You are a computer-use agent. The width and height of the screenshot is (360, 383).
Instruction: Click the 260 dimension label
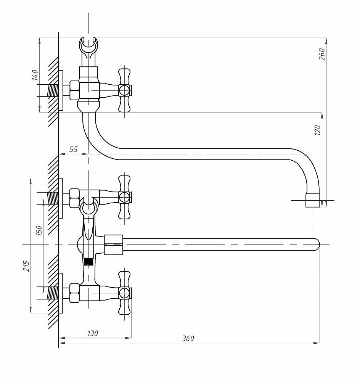322,54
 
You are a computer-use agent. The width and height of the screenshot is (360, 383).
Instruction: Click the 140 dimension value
35,75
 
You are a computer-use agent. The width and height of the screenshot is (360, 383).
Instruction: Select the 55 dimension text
73,149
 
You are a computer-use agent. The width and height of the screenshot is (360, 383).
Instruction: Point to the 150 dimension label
39,230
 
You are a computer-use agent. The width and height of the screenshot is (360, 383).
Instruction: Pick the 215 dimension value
26,266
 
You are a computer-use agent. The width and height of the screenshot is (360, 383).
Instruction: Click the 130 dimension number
93,333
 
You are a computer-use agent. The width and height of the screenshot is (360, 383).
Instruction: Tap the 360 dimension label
188,338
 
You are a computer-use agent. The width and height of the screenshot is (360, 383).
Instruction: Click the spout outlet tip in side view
313,200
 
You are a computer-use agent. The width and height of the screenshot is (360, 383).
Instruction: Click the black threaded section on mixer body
89,262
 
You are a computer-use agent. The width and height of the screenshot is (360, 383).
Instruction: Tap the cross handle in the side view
125,90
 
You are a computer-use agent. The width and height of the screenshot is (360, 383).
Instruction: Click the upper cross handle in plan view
125,197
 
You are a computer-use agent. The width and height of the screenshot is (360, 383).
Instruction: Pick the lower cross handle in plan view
125,293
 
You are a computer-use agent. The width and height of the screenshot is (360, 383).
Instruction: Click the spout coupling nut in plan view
114,245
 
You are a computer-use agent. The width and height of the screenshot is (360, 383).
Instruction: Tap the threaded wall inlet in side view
53,90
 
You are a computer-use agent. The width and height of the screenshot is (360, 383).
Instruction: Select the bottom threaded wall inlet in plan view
53,293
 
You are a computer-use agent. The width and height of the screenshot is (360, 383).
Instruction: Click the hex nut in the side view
74,90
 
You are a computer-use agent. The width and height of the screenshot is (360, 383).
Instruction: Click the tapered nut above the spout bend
88,107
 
